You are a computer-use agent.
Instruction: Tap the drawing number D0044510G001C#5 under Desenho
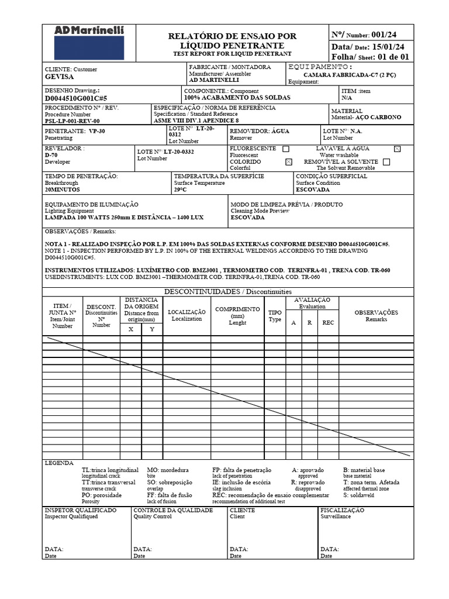click(76, 99)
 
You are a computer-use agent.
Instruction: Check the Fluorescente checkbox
click(285, 149)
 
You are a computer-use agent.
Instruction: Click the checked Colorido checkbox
click(288, 162)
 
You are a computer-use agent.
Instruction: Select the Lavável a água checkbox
click(398, 149)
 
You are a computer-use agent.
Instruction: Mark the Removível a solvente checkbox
click(386, 162)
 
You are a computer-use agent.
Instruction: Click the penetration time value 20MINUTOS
click(63, 190)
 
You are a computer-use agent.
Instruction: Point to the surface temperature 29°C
click(180, 190)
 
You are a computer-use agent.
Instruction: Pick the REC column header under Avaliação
click(328, 322)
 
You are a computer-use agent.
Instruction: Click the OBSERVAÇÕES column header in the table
click(376, 312)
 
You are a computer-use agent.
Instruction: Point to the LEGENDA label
click(59, 463)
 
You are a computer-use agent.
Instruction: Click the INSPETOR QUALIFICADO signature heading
click(80, 510)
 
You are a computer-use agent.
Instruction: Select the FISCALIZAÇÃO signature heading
click(342, 510)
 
